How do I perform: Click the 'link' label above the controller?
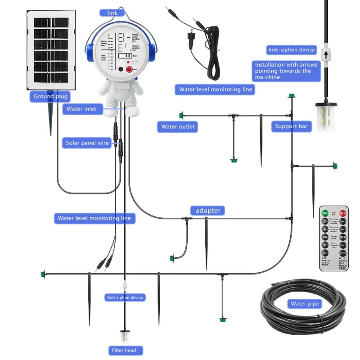[x=112, y=13]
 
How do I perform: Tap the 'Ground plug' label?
[x=50, y=96]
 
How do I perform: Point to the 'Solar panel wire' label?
[x=87, y=143]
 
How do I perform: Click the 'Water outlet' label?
[x=178, y=126]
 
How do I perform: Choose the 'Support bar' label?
[x=291, y=126]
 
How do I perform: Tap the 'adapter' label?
[x=207, y=210]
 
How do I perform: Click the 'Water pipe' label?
[x=305, y=304]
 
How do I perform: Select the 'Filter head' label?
[x=126, y=350]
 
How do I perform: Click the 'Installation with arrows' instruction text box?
[x=286, y=71]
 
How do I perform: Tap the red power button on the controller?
[x=130, y=69]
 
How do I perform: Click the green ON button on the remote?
[x=325, y=213]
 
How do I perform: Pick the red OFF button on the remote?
[x=343, y=213]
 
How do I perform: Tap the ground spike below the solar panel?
[x=50, y=118]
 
